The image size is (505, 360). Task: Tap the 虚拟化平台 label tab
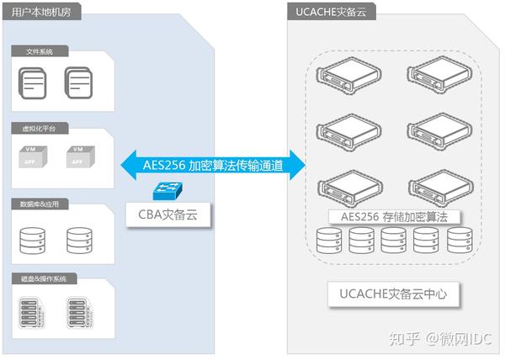pyautogui.click(x=36, y=130)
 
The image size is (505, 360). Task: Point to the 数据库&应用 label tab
pyautogui.click(x=36, y=204)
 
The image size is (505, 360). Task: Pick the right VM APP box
pyautogui.click(x=78, y=156)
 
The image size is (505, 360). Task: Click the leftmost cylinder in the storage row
pyautogui.click(x=329, y=242)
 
